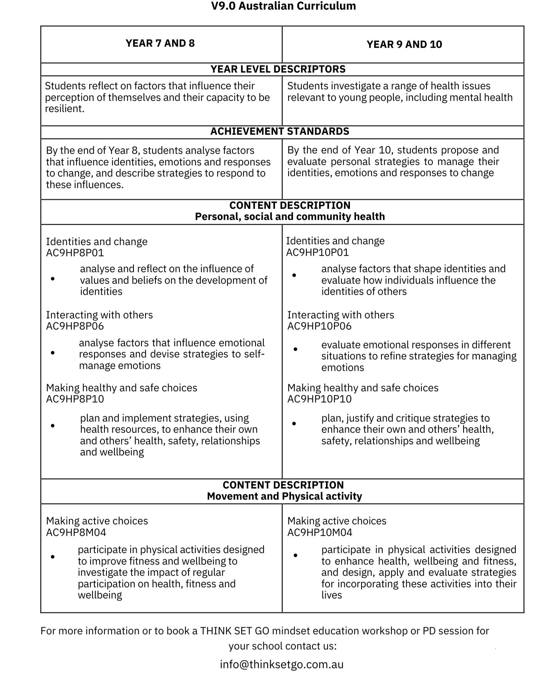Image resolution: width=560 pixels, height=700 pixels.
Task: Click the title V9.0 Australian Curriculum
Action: point(283,6)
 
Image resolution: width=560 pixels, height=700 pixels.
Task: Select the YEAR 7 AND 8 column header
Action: point(160,43)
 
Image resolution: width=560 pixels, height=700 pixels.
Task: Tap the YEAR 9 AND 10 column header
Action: point(404,44)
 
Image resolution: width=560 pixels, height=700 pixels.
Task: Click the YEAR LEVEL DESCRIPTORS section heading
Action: point(278,69)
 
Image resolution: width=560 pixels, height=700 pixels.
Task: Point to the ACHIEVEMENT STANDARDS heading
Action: point(280,131)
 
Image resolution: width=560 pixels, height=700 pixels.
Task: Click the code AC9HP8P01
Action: point(75,253)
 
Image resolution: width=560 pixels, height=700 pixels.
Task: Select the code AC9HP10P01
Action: point(317,252)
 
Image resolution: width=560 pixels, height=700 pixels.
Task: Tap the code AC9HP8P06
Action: point(75,326)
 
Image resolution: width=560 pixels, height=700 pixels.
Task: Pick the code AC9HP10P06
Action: point(319,326)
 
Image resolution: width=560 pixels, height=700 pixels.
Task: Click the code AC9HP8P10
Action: point(75,399)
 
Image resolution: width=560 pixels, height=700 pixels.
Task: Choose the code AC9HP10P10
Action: point(319,399)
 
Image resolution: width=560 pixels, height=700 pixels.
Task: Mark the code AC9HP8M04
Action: point(76,533)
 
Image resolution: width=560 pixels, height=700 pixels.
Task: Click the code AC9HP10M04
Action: point(320,533)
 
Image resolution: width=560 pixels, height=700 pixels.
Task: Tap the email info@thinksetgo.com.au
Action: point(281,665)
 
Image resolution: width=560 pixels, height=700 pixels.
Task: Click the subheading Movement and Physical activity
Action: point(284,496)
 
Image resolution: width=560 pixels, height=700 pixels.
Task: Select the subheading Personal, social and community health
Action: point(290,217)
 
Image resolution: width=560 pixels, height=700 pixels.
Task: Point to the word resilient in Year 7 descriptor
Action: point(64,109)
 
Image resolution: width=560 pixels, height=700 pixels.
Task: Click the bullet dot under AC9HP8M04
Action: point(53,557)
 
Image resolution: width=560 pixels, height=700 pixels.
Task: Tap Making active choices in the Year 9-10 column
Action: point(336,521)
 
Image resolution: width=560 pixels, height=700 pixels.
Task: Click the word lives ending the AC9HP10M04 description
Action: point(332,595)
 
